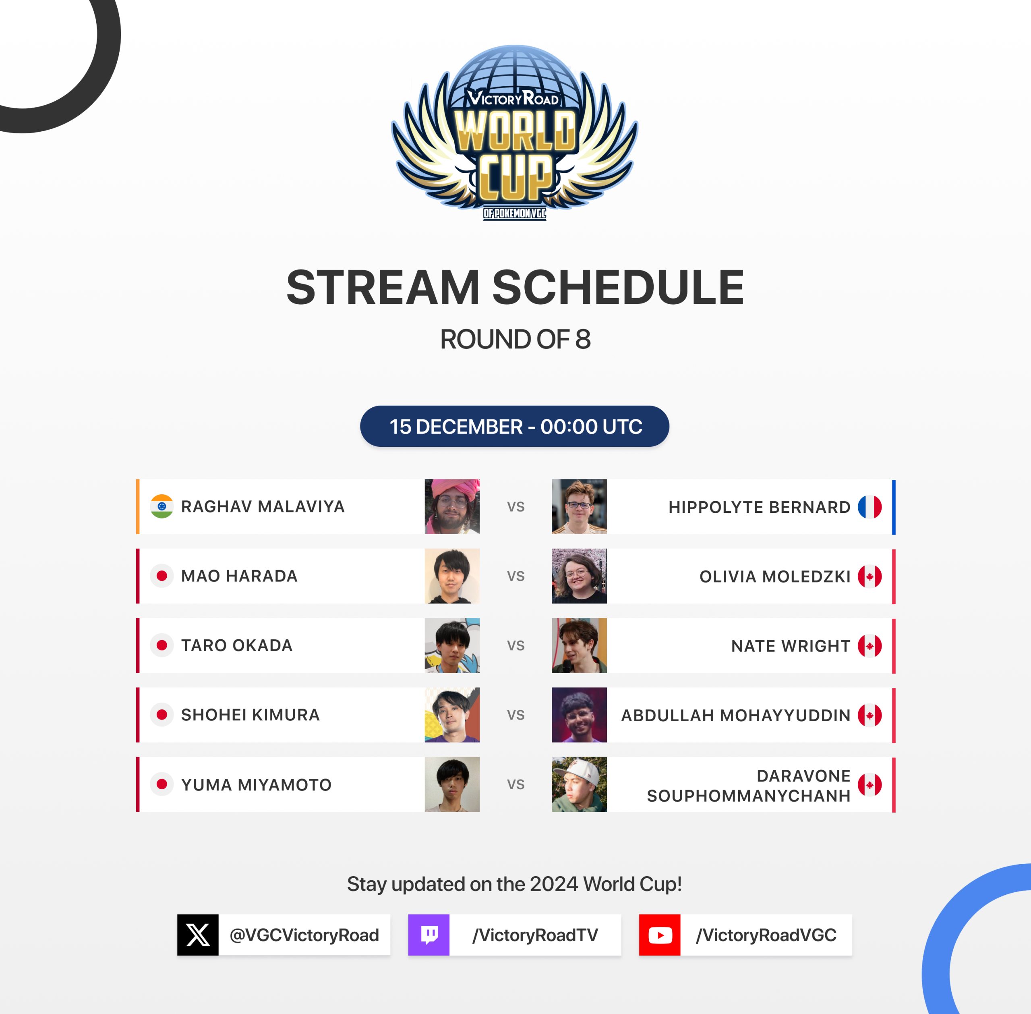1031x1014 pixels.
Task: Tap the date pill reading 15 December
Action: pos(515,427)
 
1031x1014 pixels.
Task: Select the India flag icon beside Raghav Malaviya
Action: pos(162,506)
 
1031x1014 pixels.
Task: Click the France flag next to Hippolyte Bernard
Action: pos(870,507)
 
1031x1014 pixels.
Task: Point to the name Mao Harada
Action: pos(240,576)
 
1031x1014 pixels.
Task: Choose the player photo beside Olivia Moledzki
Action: pos(579,576)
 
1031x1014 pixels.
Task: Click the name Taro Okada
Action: pos(237,645)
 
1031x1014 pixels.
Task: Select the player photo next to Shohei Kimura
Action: pos(452,715)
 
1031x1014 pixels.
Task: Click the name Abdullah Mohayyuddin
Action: pos(735,715)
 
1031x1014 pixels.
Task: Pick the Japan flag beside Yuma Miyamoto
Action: pos(162,784)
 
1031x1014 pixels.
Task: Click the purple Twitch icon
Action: pos(429,935)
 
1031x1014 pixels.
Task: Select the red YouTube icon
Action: pos(660,935)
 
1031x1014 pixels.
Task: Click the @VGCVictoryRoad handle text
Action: pos(304,935)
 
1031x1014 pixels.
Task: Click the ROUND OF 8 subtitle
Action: pos(515,339)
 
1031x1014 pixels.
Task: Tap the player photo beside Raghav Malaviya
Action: pos(452,506)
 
